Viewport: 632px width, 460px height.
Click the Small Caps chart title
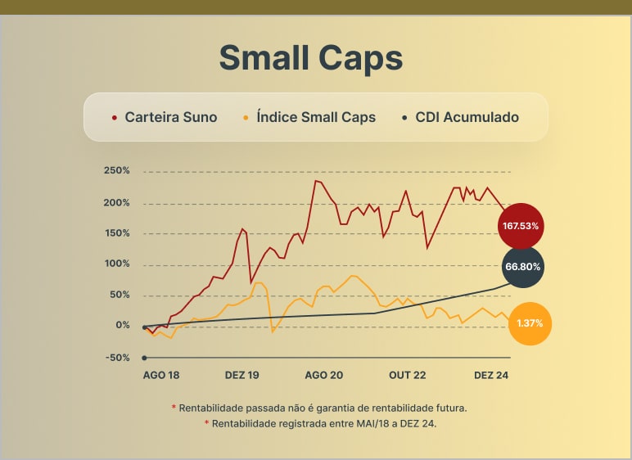click(x=311, y=58)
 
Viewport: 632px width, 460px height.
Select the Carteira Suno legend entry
click(x=170, y=117)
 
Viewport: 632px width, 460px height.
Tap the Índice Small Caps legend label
click(x=315, y=117)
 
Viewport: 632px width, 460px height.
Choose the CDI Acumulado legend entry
click(x=467, y=117)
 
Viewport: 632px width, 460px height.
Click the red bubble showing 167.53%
click(x=521, y=225)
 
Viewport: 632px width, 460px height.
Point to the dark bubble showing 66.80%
click(x=524, y=267)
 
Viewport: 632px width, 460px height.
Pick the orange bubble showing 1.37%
click(x=530, y=323)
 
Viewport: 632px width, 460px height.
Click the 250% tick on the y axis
click(x=117, y=171)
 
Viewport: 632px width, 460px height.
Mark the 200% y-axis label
click(x=117, y=203)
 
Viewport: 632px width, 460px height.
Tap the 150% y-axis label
click(x=117, y=233)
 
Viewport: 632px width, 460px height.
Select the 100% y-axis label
click(x=117, y=264)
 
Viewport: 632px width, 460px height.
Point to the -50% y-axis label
click(x=117, y=358)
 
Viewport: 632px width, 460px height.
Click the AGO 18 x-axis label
click(x=161, y=375)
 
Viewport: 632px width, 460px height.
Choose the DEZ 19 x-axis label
click(x=242, y=375)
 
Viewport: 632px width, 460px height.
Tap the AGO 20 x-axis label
click(x=324, y=375)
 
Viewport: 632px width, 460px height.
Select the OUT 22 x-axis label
click(x=408, y=375)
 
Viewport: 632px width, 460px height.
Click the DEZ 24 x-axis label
click(x=492, y=375)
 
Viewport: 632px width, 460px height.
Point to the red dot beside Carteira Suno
click(x=115, y=118)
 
